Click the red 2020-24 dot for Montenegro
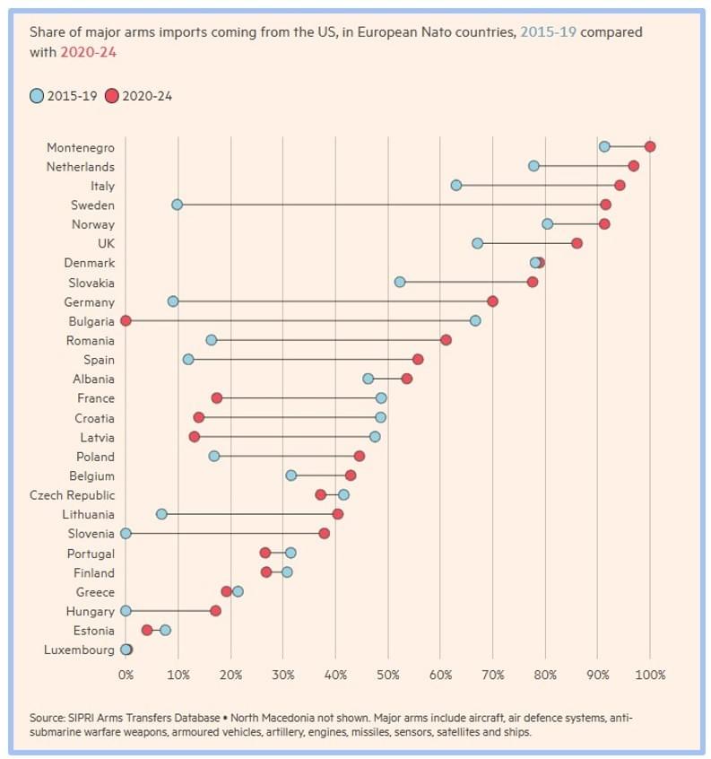[650, 146]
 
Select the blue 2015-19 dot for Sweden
[177, 205]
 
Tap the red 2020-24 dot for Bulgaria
[126, 320]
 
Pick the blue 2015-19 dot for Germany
[173, 301]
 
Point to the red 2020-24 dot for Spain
[418, 359]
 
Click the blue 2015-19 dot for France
[381, 397]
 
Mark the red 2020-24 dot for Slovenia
[324, 533]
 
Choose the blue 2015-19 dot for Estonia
[165, 630]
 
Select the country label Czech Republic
[72, 495]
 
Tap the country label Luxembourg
[79, 650]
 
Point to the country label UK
[106, 243]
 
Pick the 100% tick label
[650, 675]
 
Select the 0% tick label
[126, 675]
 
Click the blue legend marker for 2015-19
[36, 96]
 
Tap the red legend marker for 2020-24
[112, 96]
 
